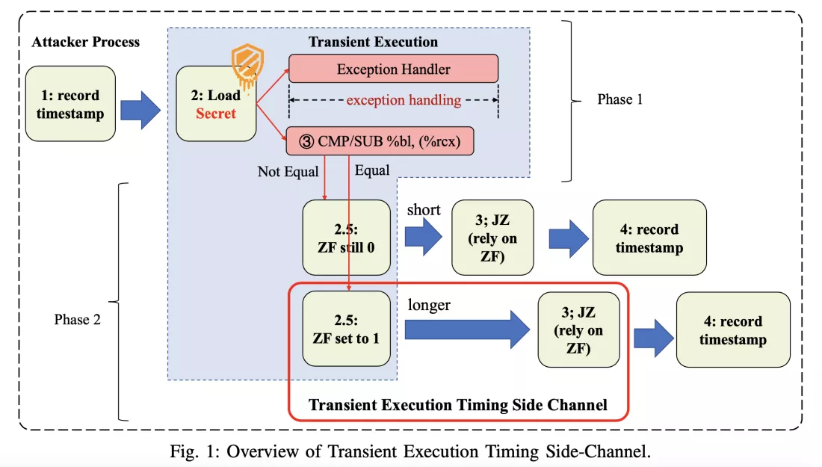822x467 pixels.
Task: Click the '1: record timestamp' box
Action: coord(70,103)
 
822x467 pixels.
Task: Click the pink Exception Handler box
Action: coord(393,69)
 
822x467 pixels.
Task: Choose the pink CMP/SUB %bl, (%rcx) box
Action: coord(380,140)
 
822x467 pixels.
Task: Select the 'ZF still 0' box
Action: coord(346,236)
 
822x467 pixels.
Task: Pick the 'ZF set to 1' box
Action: coord(346,329)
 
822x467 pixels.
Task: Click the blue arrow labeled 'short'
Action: coord(424,236)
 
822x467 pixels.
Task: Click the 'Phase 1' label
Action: coord(619,99)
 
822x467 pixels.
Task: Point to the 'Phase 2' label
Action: coord(77,319)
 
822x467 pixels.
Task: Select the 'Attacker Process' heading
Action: coord(85,42)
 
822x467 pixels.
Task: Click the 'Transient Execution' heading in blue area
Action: coord(374,42)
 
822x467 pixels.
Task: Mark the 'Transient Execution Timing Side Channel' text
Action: coord(457,405)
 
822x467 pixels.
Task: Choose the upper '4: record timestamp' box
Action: coord(649,238)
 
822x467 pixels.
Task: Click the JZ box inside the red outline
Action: coord(578,330)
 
